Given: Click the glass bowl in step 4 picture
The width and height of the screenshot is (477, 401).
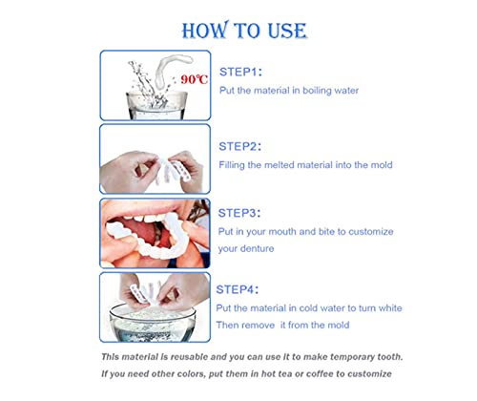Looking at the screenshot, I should [x=153, y=320].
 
